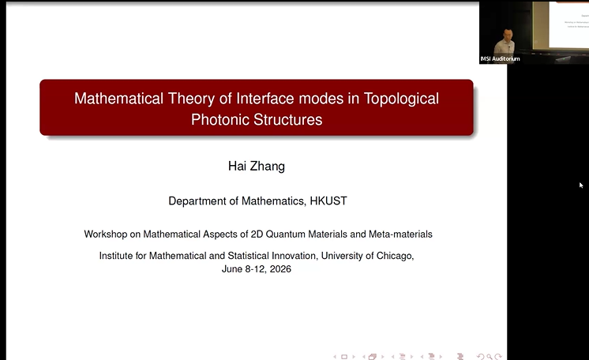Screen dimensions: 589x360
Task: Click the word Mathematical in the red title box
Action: pos(118,99)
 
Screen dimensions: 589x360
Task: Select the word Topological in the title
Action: pos(401,99)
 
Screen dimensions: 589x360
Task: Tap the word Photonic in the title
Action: pos(220,119)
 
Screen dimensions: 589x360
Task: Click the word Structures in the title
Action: pos(287,119)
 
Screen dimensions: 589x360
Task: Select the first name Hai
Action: pos(237,166)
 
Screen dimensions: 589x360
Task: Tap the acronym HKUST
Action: pos(328,201)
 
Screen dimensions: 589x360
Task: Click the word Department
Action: pos(197,201)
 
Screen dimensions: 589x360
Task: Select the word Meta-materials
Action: pos(400,234)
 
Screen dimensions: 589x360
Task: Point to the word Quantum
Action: pos(286,234)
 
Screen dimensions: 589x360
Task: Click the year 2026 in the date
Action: pos(280,269)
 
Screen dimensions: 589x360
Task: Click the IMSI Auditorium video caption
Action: pos(500,58)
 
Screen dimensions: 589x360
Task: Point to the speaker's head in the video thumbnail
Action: pos(508,35)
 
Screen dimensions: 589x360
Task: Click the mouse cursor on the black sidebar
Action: pos(581,185)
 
